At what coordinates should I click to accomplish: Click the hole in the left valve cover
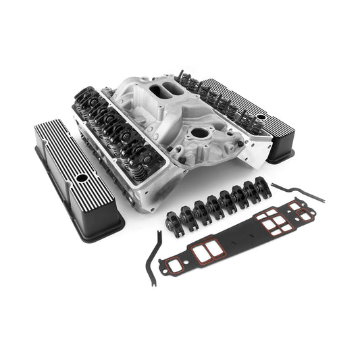(80, 178)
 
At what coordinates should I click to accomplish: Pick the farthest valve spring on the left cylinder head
(84, 101)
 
